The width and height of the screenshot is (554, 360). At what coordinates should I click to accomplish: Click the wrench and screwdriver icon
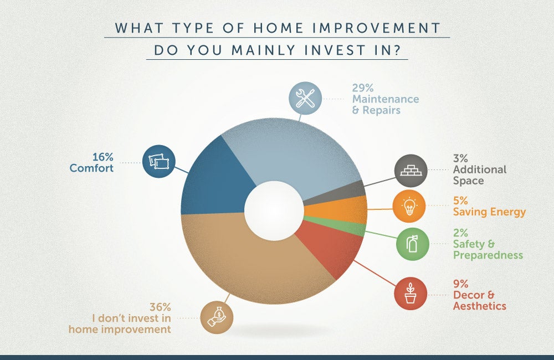305,98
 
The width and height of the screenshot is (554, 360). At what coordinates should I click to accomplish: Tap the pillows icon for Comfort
159,162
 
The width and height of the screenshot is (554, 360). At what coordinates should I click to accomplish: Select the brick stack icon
411,171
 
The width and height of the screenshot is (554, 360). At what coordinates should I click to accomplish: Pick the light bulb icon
409,206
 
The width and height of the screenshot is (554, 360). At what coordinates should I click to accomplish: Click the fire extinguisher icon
412,244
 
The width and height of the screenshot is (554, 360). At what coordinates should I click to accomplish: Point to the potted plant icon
411,294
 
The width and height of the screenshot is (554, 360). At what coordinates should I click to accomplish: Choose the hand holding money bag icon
217,317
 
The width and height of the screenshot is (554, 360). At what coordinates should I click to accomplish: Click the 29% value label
362,88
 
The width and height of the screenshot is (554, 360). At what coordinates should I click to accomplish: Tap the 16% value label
103,157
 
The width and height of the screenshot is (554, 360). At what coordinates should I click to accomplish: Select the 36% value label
160,307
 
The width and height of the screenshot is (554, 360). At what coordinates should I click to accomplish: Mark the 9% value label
461,284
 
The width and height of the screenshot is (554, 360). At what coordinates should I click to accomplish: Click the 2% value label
460,233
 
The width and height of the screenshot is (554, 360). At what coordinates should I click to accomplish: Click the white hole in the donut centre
274,211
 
